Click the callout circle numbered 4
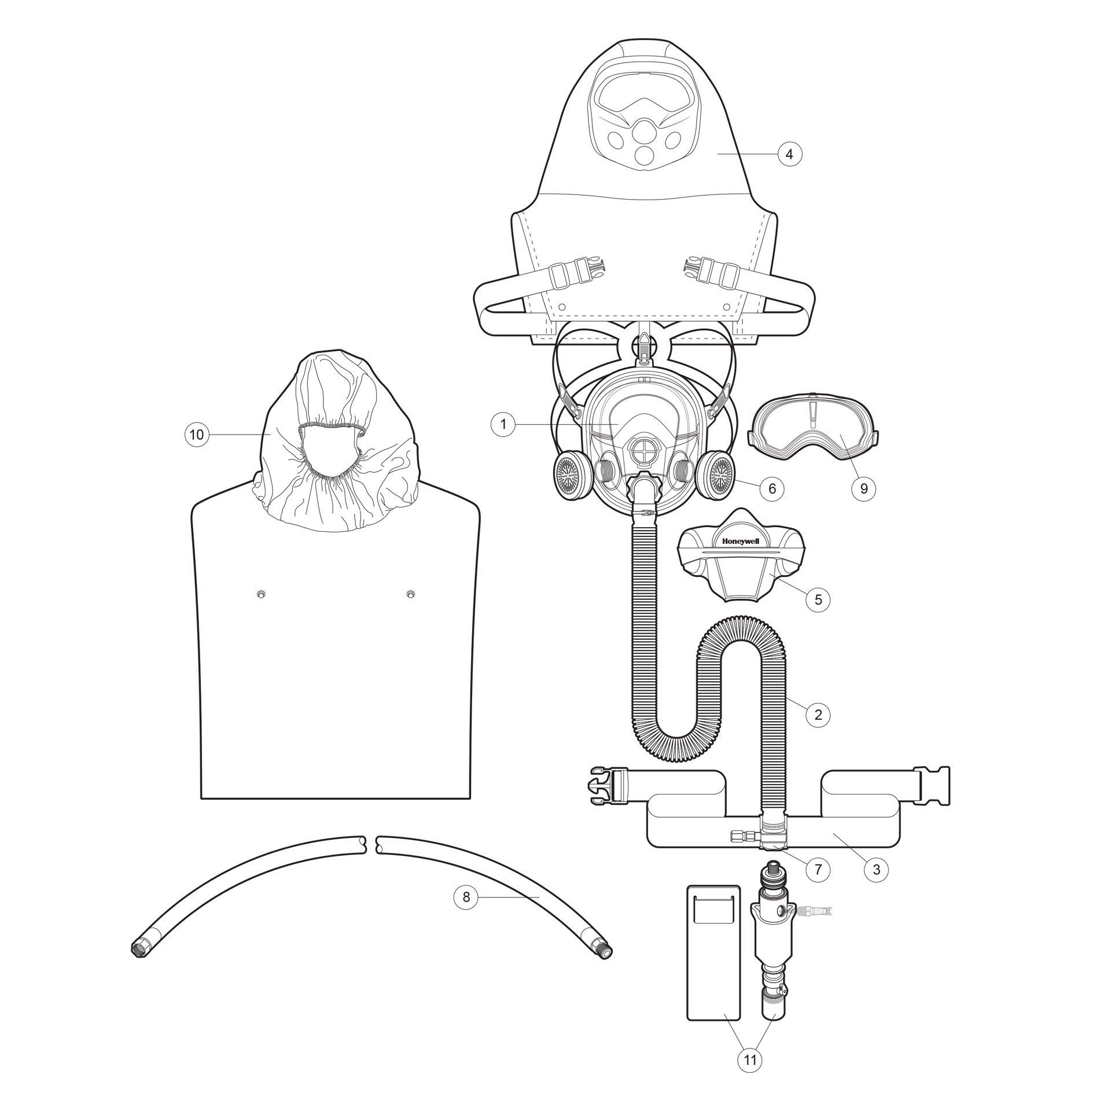click(x=790, y=154)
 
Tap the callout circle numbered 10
click(x=197, y=434)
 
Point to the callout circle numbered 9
click(x=864, y=489)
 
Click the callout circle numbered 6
click(x=772, y=489)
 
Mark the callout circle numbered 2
click(x=818, y=715)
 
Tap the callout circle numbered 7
click(x=818, y=886)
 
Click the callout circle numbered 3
click(x=877, y=886)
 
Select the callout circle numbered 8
click(x=466, y=914)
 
